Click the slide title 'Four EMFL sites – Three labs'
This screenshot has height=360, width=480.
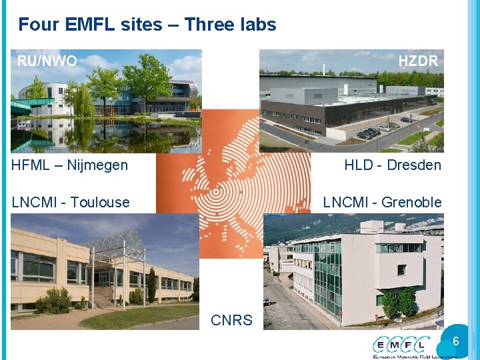click(x=147, y=25)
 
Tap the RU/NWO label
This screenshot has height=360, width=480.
click(x=47, y=61)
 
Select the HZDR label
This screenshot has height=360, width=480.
click(x=418, y=61)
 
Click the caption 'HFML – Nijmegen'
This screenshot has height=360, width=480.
click(x=69, y=165)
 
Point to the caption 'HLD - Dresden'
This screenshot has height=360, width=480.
click(x=392, y=165)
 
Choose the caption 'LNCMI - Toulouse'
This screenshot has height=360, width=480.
click(x=71, y=202)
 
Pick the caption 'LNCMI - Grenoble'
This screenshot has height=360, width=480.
click(x=382, y=202)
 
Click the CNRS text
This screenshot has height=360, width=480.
click(x=231, y=320)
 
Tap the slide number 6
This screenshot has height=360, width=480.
click(x=456, y=341)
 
